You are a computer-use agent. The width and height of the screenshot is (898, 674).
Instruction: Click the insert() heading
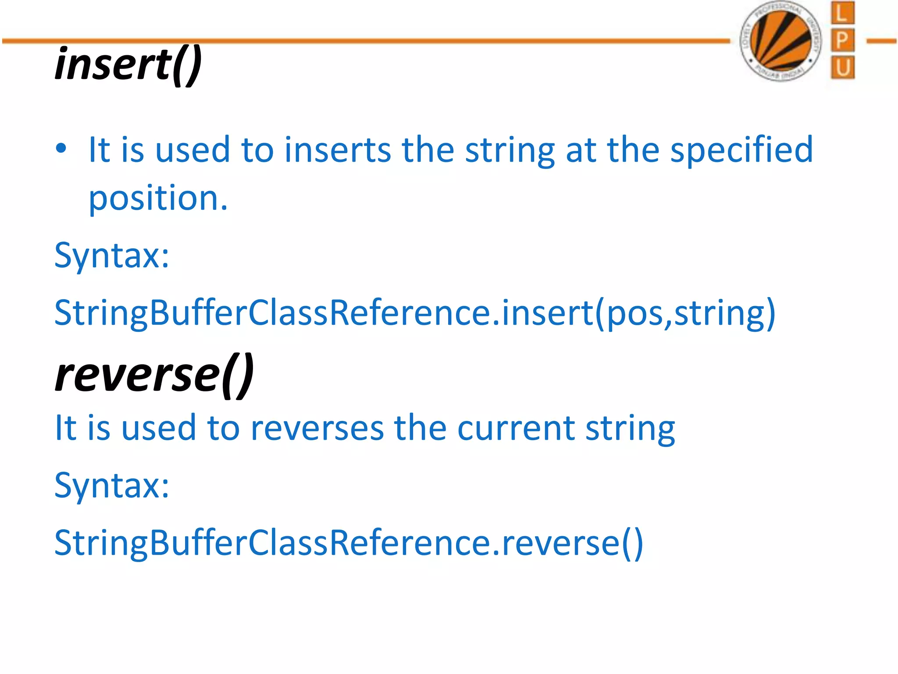pos(128,65)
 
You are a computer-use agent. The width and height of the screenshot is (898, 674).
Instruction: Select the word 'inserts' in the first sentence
pos(338,150)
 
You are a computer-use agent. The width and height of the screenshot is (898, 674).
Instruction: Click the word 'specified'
pos(741,150)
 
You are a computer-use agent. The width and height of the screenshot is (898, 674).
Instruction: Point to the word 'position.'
pos(158,199)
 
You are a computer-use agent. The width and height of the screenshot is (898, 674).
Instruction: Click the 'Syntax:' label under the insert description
pos(112,256)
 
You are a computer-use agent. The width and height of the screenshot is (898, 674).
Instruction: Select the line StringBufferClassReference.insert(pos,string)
pos(415,313)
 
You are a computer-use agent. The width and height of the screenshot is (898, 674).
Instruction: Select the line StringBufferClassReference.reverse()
pos(349,543)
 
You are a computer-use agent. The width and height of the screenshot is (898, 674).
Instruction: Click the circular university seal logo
pos(780,41)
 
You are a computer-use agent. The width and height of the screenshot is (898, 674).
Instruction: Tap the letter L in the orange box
pos(842,13)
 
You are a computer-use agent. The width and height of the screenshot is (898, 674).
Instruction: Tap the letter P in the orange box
pos(842,41)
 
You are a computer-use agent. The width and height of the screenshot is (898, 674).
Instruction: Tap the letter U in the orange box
pos(842,68)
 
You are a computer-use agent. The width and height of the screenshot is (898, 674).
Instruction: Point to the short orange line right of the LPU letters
pos(881,41)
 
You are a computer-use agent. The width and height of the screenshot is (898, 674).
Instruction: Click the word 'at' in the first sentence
pos(581,150)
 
